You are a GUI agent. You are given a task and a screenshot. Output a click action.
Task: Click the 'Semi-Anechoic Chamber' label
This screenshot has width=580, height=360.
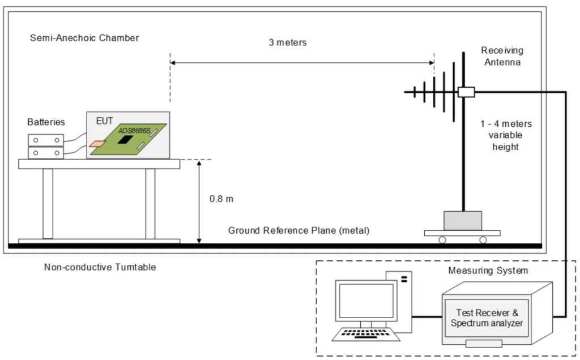pyautogui.click(x=84, y=38)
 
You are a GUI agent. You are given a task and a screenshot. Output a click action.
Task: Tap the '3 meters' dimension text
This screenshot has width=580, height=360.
pyautogui.click(x=287, y=42)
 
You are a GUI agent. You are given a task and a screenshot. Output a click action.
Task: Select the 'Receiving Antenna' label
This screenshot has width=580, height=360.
pyautogui.click(x=502, y=57)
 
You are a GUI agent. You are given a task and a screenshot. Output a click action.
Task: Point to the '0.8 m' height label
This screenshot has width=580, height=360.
pyautogui.click(x=221, y=199)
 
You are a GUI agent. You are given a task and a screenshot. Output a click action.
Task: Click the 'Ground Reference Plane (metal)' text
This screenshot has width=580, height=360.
pyautogui.click(x=298, y=231)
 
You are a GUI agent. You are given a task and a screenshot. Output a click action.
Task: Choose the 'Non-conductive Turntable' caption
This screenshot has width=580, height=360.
pyautogui.click(x=100, y=267)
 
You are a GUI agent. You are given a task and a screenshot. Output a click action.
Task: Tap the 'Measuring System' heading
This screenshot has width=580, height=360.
pyautogui.click(x=488, y=271)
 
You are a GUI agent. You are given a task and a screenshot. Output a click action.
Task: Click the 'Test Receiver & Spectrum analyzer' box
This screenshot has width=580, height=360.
pyautogui.click(x=487, y=318)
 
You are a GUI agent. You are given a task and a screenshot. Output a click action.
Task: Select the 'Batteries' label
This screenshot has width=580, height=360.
pyautogui.click(x=46, y=122)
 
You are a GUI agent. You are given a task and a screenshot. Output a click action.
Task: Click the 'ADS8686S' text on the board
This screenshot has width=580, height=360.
pyautogui.click(x=134, y=130)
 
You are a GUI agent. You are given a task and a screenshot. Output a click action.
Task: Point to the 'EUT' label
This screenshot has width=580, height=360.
pyautogui.click(x=105, y=121)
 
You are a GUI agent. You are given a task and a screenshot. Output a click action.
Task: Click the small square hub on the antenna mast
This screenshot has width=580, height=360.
pyautogui.click(x=466, y=92)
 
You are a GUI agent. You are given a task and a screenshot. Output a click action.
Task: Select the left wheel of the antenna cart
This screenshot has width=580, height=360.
pyautogui.click(x=441, y=240)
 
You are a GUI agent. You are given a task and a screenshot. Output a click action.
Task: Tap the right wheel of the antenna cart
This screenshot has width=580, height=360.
pyautogui.click(x=483, y=240)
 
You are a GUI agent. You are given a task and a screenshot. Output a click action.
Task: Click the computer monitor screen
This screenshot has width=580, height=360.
pyautogui.click(x=366, y=301)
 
